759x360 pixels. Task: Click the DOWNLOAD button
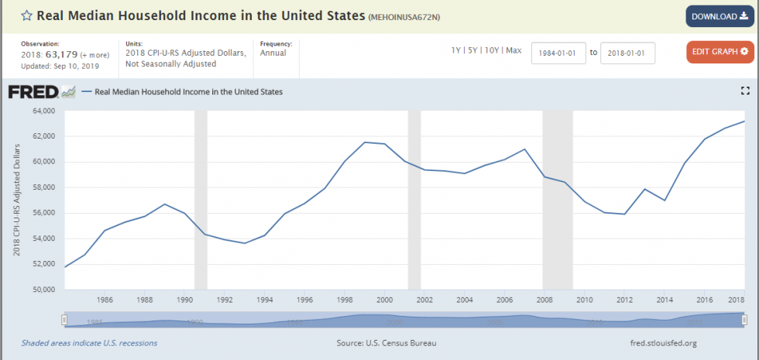[x=720, y=16]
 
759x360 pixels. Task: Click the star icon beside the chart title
[x=26, y=16]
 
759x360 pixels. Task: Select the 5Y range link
[x=473, y=50]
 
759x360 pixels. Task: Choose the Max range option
[x=514, y=50]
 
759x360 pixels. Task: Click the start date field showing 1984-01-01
[x=558, y=53]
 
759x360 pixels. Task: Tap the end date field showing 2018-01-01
[x=627, y=53]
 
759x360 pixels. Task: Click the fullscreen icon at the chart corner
[x=745, y=91]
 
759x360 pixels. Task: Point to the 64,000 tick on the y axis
[x=45, y=111]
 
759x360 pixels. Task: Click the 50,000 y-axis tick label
[x=45, y=290]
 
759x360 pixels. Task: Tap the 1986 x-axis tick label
[x=105, y=300]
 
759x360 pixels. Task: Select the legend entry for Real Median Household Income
[x=187, y=92]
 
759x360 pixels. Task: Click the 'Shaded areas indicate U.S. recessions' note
[x=89, y=343]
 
